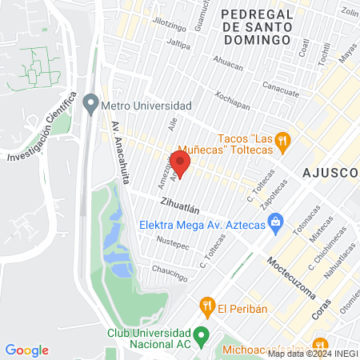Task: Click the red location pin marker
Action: pos(181,164)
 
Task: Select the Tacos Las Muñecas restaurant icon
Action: pos(282,145)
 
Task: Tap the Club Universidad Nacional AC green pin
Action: pos(202,334)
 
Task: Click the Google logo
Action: pos(26,350)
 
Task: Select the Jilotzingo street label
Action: pos(169,25)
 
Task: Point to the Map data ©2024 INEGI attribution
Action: pos(312,354)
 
